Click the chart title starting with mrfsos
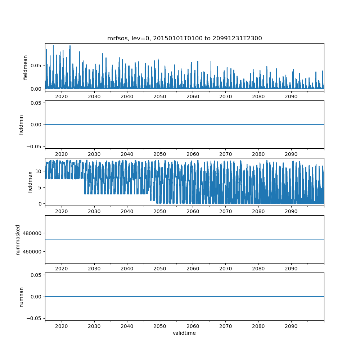[x=184, y=38]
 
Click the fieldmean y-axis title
[x=25, y=67]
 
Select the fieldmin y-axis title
[x=21, y=125]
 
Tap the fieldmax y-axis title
[x=30, y=182]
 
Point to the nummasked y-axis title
[x=18, y=239]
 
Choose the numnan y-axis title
[x=21, y=297]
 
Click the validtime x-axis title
[x=184, y=333]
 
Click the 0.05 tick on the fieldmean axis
[x=36, y=66]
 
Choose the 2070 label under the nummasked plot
[x=225, y=269]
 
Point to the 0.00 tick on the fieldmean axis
[x=36, y=89]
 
